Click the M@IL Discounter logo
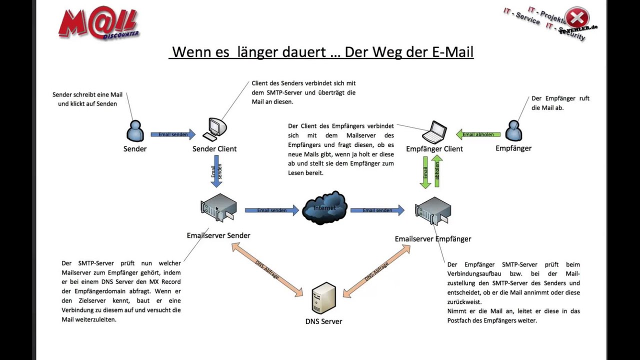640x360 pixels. (98, 23)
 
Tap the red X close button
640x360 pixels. (576, 18)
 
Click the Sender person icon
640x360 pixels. (134, 131)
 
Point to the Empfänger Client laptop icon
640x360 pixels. (434, 132)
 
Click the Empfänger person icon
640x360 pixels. (513, 130)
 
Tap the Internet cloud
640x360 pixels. (324, 207)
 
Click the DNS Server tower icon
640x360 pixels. (323, 298)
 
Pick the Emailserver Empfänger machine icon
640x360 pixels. (433, 210)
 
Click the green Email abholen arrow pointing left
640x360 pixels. (477, 134)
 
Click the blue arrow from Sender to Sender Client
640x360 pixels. (173, 134)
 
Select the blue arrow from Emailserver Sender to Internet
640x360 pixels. (271, 210)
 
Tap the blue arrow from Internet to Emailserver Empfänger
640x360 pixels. (377, 210)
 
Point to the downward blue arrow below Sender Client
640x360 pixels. (216, 171)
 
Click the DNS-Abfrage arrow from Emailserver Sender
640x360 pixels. (267, 268)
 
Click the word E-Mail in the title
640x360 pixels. (448, 51)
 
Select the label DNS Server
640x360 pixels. (323, 321)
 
